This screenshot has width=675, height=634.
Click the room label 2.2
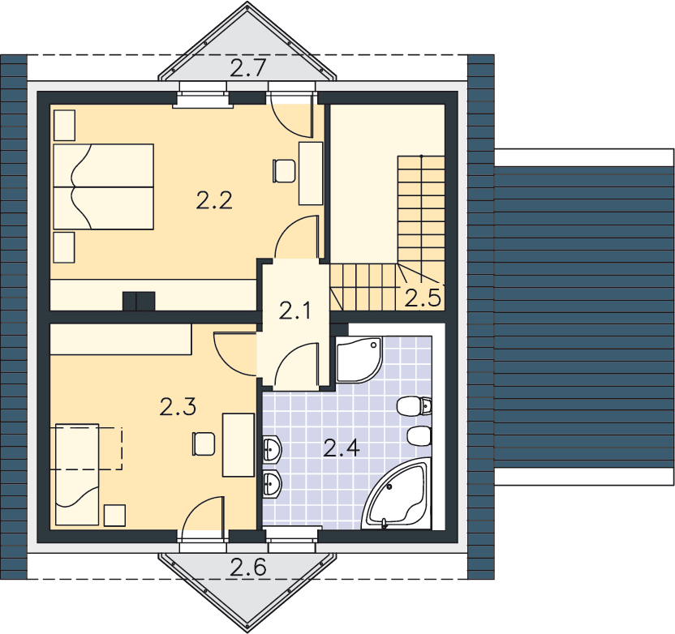(214, 200)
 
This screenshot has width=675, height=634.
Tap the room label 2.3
(178, 407)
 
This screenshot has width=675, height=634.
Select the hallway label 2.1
(295, 311)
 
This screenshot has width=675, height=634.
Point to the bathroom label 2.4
(342, 448)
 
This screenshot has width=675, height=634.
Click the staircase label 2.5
(423, 298)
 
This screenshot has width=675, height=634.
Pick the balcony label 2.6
(248, 567)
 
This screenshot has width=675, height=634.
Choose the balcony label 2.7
(248, 68)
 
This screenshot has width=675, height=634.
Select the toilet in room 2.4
(414, 406)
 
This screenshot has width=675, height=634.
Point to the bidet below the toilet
(419, 436)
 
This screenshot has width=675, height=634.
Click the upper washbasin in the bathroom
(272, 449)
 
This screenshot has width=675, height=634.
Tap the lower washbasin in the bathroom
(272, 484)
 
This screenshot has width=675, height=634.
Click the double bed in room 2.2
(103, 186)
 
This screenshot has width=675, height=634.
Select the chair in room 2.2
(284, 171)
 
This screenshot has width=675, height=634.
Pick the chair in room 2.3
(204, 444)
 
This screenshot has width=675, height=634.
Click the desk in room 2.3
(238, 445)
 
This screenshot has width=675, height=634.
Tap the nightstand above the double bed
(65, 125)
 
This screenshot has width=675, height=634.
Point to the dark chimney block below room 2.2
(139, 301)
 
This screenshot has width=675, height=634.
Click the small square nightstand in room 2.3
(115, 516)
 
